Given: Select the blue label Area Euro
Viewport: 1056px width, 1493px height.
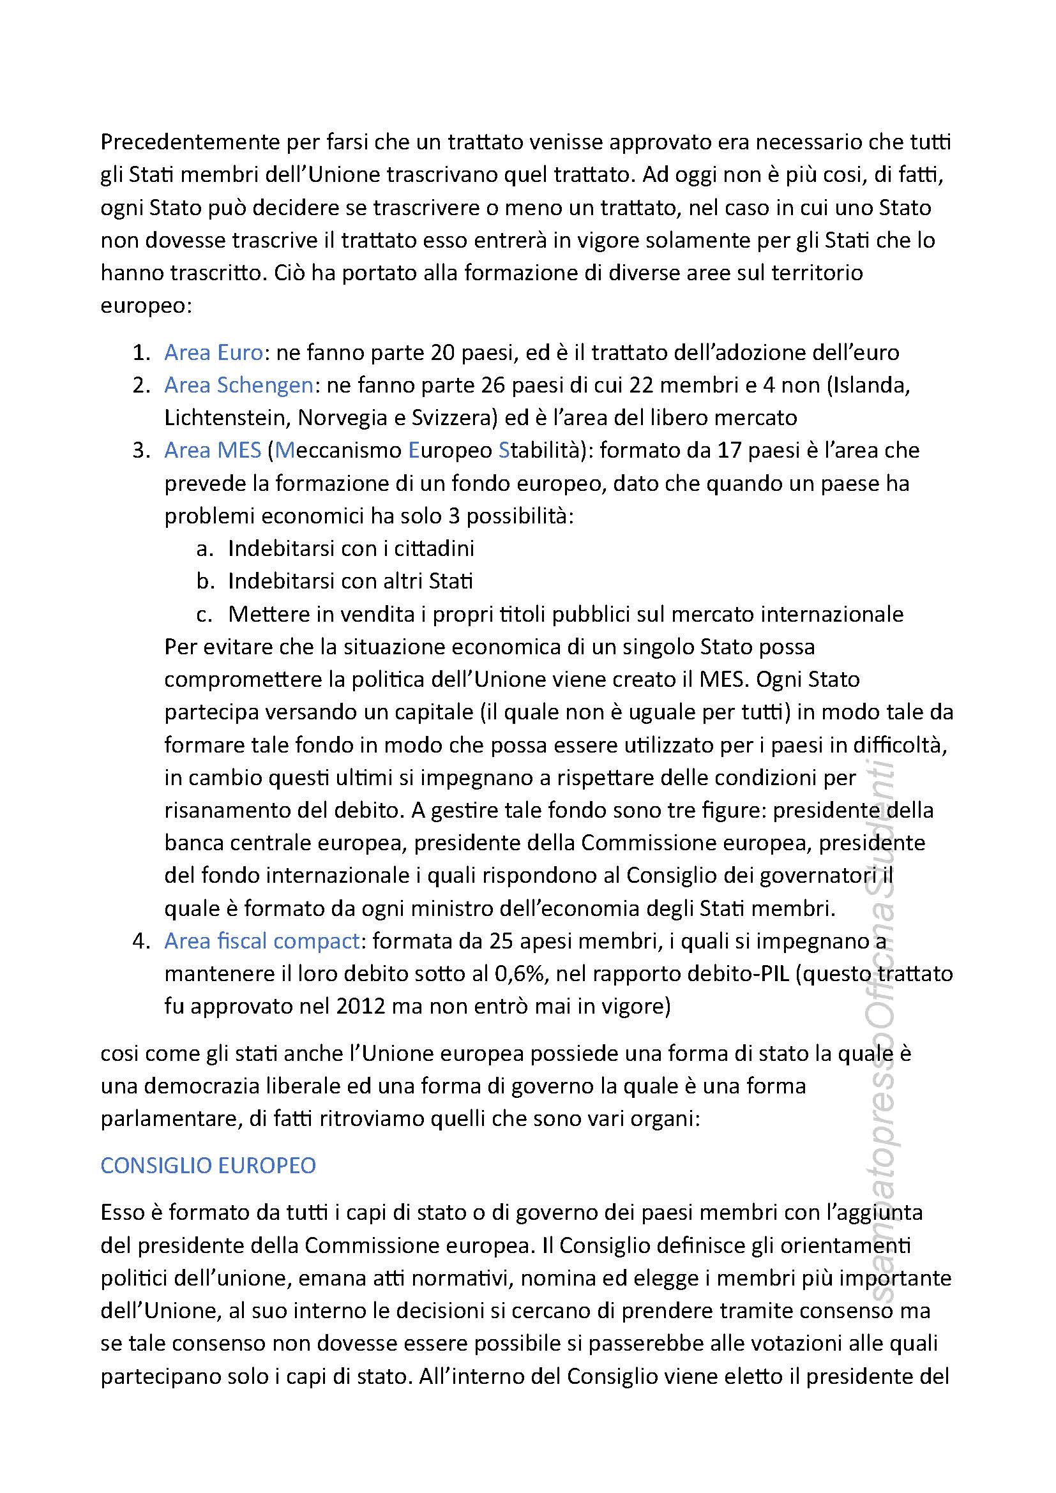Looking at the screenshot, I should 213,352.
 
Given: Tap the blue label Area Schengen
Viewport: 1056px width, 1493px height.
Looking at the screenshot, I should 239,385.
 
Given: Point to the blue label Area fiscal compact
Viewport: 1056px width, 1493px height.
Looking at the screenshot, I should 262,941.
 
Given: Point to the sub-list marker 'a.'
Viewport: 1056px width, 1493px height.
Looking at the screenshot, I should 205,548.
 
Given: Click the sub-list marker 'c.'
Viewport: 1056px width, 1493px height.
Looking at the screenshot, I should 205,614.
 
